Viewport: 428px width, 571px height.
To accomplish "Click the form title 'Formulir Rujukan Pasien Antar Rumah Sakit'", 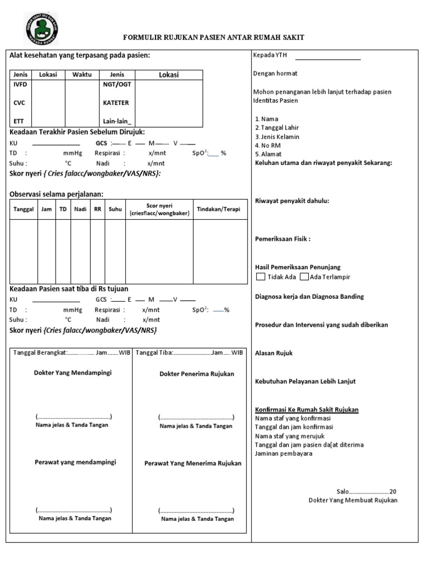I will click(213, 37).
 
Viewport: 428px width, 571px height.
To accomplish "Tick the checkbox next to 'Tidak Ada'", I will click(261, 277).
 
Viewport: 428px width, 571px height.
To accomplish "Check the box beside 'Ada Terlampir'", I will click(304, 277).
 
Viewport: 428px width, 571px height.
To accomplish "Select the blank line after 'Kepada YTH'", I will click(328, 56).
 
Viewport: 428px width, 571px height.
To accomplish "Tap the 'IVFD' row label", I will click(20, 85).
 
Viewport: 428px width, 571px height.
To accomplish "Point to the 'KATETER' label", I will click(116, 103).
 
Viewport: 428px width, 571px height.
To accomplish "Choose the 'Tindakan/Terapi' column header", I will click(219, 209).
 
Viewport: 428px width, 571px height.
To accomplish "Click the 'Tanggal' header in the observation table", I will click(23, 209).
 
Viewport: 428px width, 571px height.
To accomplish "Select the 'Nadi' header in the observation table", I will click(80, 209).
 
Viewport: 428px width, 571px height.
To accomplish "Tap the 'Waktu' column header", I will click(82, 75).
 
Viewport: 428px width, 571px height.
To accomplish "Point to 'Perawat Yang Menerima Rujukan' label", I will click(193, 463).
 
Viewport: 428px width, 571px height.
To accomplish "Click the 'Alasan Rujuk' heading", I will click(274, 353).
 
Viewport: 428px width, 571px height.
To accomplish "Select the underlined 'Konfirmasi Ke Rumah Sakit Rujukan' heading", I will click(307, 410).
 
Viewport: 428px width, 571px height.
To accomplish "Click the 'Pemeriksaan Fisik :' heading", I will click(283, 239).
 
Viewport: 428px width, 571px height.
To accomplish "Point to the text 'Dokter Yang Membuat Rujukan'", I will click(353, 500).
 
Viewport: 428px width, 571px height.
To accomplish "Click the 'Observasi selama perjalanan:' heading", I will click(56, 193).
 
